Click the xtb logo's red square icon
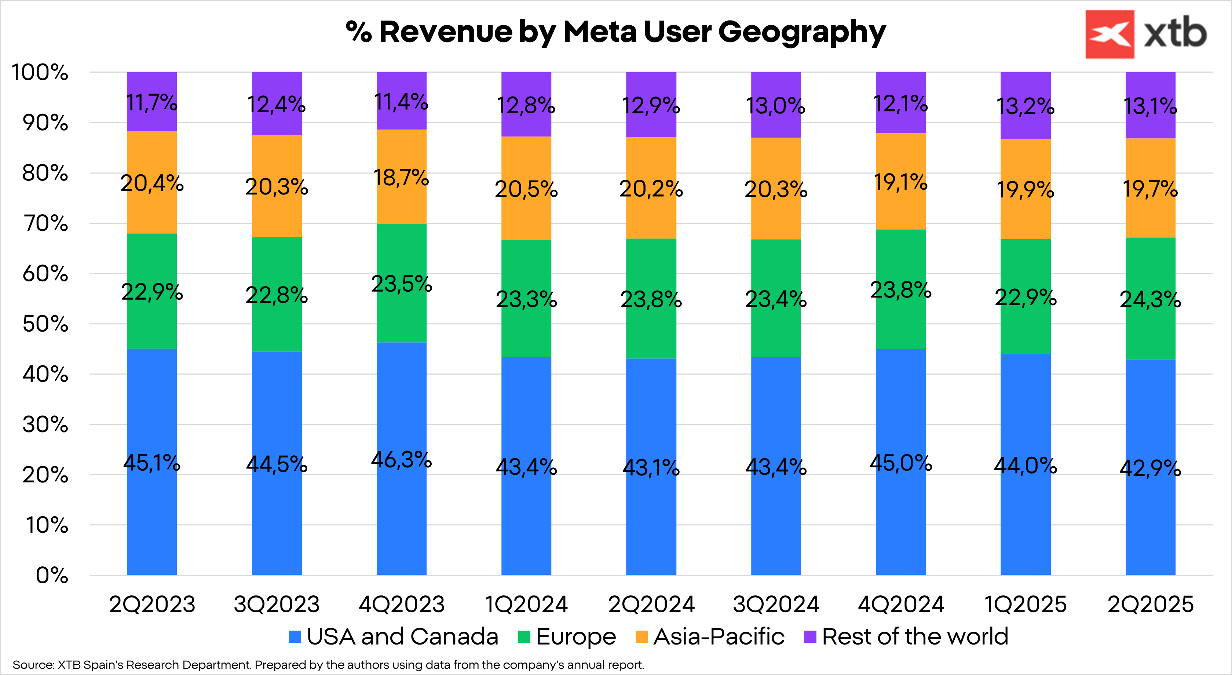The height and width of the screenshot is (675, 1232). [1109, 34]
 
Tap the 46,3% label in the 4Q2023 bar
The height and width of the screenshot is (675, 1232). [401, 460]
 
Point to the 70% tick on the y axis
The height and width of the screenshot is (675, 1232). [45, 223]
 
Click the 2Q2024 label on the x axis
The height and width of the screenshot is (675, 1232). [651, 604]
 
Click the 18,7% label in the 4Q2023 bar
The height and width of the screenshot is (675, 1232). [401, 178]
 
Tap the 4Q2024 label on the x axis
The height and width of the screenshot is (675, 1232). [900, 604]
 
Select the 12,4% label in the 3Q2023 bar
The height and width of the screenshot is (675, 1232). [277, 105]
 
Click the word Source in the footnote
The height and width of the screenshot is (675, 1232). [33, 665]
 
